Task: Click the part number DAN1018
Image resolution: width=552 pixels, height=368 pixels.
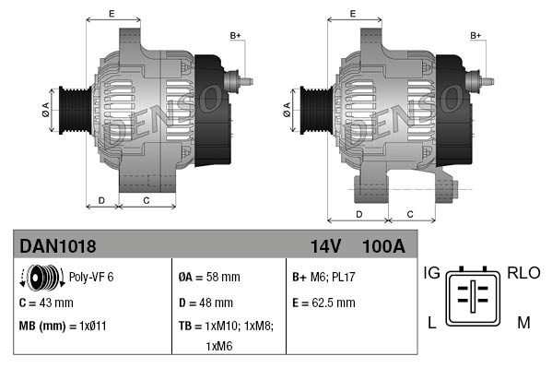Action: (x=58, y=246)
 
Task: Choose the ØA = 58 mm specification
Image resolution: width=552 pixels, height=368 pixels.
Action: (x=208, y=276)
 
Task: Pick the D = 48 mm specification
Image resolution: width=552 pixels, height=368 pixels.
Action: (x=206, y=302)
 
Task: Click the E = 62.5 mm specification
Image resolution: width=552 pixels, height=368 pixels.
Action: (x=323, y=302)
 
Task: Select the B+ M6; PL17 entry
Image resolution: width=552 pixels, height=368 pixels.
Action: (x=323, y=276)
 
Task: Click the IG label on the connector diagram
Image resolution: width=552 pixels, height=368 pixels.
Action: (x=431, y=273)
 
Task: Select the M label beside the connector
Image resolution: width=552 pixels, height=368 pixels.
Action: (x=523, y=322)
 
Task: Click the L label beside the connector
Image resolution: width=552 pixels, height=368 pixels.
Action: (x=431, y=322)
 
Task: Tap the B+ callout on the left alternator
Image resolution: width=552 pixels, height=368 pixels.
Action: (x=235, y=36)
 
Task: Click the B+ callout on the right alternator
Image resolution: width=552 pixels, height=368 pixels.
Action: (x=476, y=36)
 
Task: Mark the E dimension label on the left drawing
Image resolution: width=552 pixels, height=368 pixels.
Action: (x=112, y=13)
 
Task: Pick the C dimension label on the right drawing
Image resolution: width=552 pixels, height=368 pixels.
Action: (x=408, y=214)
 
